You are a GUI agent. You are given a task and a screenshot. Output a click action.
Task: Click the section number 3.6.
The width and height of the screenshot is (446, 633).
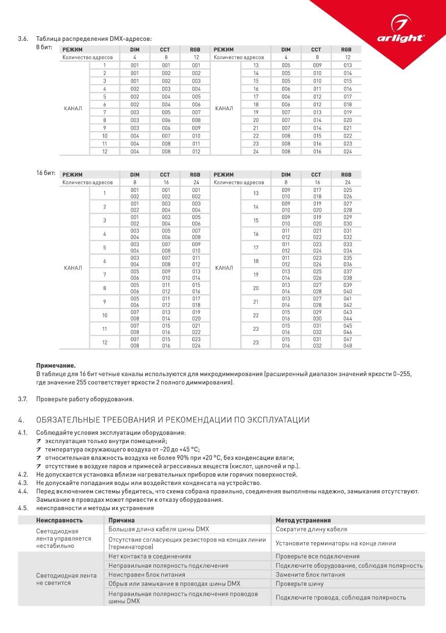coord(22,39)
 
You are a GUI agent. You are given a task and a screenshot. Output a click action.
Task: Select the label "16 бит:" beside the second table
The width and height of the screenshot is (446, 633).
coord(46,173)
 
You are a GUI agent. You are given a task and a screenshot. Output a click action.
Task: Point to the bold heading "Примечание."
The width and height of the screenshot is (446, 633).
coord(56,366)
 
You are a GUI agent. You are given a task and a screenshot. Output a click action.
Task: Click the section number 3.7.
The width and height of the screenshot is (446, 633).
coord(22,399)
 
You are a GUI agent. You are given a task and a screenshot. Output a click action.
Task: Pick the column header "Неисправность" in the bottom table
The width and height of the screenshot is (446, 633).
coord(59,520)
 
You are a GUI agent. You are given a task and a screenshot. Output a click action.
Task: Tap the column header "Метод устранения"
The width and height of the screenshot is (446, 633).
coord(303,520)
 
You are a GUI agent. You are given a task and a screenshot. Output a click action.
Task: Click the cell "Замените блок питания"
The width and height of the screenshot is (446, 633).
coord(310,574)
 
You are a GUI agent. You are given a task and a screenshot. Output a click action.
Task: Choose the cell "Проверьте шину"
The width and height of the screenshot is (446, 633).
coord(300,583)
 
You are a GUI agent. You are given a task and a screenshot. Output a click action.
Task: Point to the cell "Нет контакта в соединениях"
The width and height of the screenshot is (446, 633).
coord(150,556)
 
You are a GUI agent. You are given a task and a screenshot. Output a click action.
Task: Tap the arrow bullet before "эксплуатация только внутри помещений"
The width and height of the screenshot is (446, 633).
coord(39,441)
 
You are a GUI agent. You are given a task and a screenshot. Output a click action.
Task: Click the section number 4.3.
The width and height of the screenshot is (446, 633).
coord(22,483)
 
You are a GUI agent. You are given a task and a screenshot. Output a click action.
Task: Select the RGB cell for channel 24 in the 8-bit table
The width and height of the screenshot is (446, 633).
coord(348,152)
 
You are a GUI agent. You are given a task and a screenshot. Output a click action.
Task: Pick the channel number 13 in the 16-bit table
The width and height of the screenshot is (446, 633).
coord(256,193)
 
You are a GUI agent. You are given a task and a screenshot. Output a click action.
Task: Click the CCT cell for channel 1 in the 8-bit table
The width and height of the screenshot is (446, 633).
coord(166,65)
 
